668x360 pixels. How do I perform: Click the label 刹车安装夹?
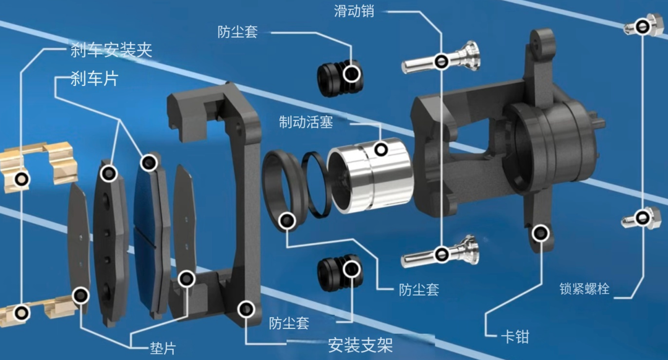pos(111,50)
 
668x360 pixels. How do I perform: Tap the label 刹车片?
pos(94,79)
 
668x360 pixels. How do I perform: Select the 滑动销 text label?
pos(354,11)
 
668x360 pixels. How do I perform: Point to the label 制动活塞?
pos(306,122)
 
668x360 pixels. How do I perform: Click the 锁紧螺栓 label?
pos(584,289)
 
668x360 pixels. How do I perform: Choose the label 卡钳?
pos(515,337)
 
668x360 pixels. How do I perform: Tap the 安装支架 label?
pos(361,345)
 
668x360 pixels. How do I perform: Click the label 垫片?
pos(163,348)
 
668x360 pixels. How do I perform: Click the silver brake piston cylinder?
pos(370,174)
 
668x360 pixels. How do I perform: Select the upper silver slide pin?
pos(441,59)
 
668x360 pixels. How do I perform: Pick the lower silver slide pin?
pos(440,252)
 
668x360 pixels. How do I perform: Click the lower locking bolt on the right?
pos(641,218)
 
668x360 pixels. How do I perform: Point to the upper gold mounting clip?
pos(38,164)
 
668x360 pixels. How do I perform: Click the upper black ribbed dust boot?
pos(340,77)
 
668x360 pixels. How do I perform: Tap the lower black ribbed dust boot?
pos(340,273)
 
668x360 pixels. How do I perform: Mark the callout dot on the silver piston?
pos(381,150)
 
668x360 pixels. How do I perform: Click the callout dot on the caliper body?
pos(541,233)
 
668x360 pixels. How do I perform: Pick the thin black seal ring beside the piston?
pos(316,184)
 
